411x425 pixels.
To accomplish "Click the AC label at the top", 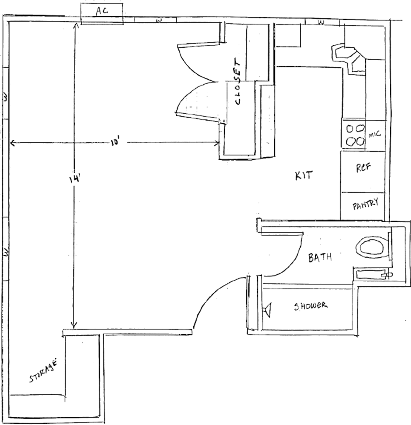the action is [x=102, y=10].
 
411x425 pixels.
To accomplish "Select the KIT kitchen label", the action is [x=304, y=176].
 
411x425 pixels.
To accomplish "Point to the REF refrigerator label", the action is [x=363, y=167].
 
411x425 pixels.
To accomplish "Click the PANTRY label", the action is [x=365, y=204].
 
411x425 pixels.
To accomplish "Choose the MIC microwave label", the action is [x=375, y=134].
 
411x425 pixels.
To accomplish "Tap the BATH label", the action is [x=320, y=257].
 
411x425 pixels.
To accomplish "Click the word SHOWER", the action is [x=311, y=306].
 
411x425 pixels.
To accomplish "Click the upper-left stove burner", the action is [x=350, y=129].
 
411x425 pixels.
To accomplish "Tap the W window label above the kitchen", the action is [x=321, y=22].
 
